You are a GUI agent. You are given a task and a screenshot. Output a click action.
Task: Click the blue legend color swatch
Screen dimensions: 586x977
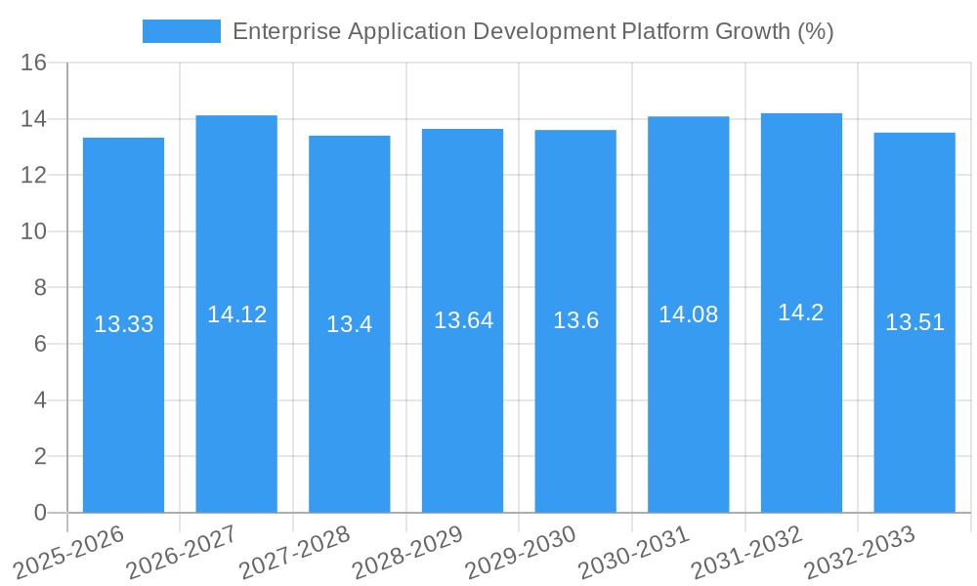(181, 31)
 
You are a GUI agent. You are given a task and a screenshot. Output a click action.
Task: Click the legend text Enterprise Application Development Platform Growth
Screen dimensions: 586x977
(532, 31)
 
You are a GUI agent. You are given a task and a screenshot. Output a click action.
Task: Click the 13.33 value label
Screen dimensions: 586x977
(123, 324)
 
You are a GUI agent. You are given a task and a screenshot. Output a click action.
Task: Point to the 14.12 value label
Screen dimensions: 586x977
(236, 314)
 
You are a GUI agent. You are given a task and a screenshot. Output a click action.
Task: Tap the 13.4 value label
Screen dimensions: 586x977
(349, 324)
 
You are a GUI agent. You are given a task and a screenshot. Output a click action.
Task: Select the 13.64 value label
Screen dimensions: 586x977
(463, 320)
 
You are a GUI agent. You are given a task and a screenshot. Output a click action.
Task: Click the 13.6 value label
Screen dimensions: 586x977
(575, 320)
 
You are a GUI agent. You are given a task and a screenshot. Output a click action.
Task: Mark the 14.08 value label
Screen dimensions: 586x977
(688, 314)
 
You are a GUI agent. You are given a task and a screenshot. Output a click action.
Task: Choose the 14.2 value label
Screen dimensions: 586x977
(801, 313)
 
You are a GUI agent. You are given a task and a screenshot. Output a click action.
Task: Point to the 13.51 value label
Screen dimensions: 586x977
(914, 322)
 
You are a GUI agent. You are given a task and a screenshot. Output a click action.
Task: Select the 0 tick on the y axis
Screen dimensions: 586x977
(40, 513)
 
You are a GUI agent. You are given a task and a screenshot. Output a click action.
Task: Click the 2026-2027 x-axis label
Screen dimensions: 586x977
(183, 552)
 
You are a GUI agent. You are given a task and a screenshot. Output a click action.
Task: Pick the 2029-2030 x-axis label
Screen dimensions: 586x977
(522, 552)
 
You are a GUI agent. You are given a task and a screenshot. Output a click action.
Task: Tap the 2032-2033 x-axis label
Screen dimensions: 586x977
(861, 552)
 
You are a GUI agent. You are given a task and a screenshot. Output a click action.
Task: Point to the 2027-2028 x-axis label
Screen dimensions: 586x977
(296, 552)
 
